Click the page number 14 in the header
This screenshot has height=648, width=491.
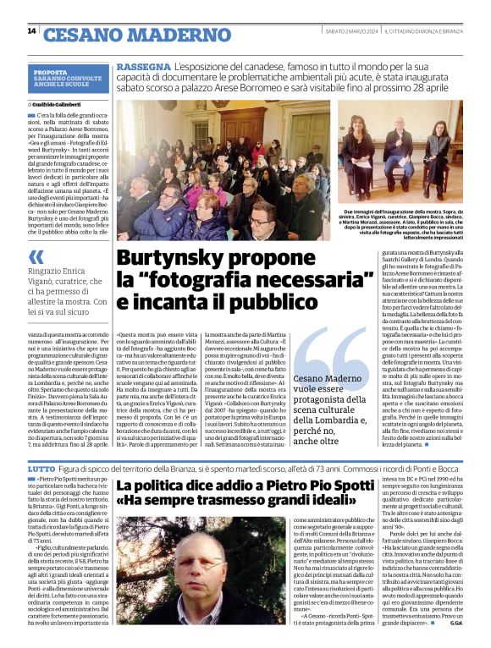coord(31,31)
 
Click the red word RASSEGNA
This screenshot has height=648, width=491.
coord(142,65)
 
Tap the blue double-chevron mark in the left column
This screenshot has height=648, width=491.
coord(36,255)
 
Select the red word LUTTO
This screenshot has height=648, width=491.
coord(41,469)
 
